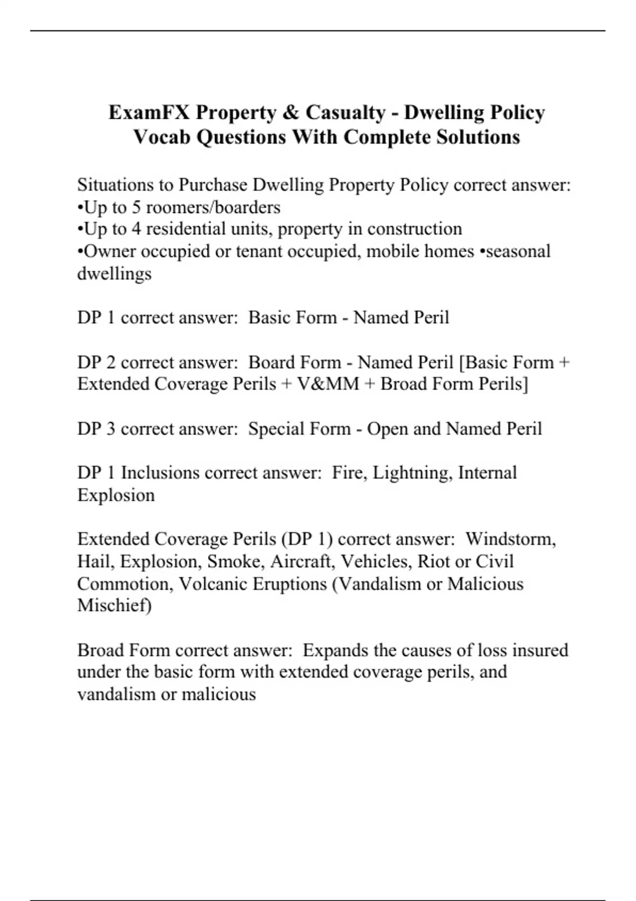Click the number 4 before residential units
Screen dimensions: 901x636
click(136, 229)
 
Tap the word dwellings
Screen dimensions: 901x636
click(114, 273)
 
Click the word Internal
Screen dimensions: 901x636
click(487, 473)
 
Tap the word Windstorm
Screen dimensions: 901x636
click(510, 539)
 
